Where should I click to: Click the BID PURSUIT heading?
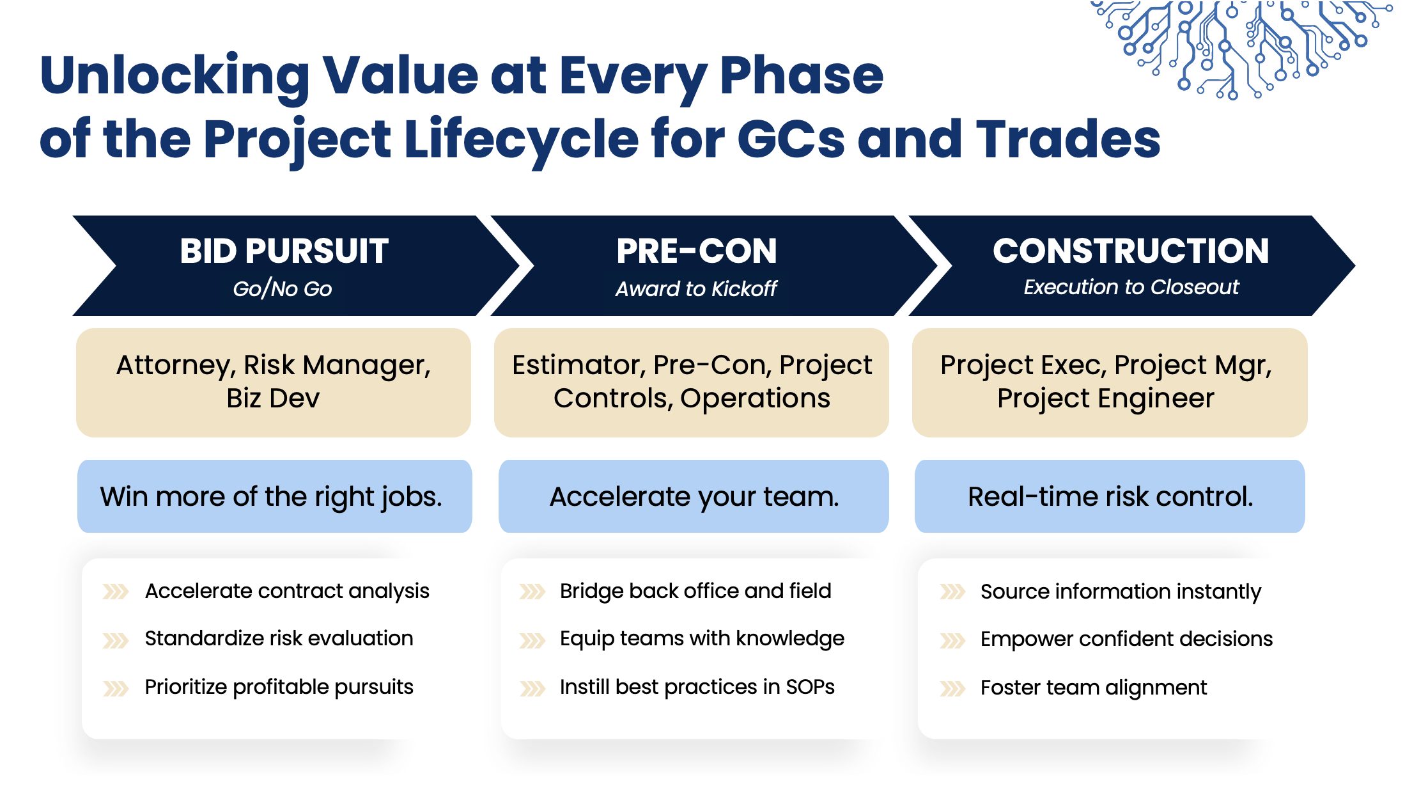click(284, 251)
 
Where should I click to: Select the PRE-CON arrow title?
click(697, 251)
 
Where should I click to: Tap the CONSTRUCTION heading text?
click(1131, 251)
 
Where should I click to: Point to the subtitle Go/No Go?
click(283, 288)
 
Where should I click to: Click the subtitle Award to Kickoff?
click(696, 288)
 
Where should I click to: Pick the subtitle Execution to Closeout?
click(1131, 287)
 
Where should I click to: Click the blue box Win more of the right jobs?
click(275, 496)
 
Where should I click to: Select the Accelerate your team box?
click(694, 496)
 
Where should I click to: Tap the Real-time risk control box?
click(1110, 496)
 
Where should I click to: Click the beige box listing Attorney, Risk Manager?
click(274, 382)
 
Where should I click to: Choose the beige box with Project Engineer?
click(1110, 382)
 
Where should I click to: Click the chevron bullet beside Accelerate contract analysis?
click(116, 592)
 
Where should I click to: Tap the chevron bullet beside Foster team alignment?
click(952, 689)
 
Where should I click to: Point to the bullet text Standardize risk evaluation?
click(279, 638)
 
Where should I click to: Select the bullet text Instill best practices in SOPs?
click(697, 687)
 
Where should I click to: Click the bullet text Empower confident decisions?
click(1127, 639)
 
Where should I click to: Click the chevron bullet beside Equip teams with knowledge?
click(532, 640)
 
